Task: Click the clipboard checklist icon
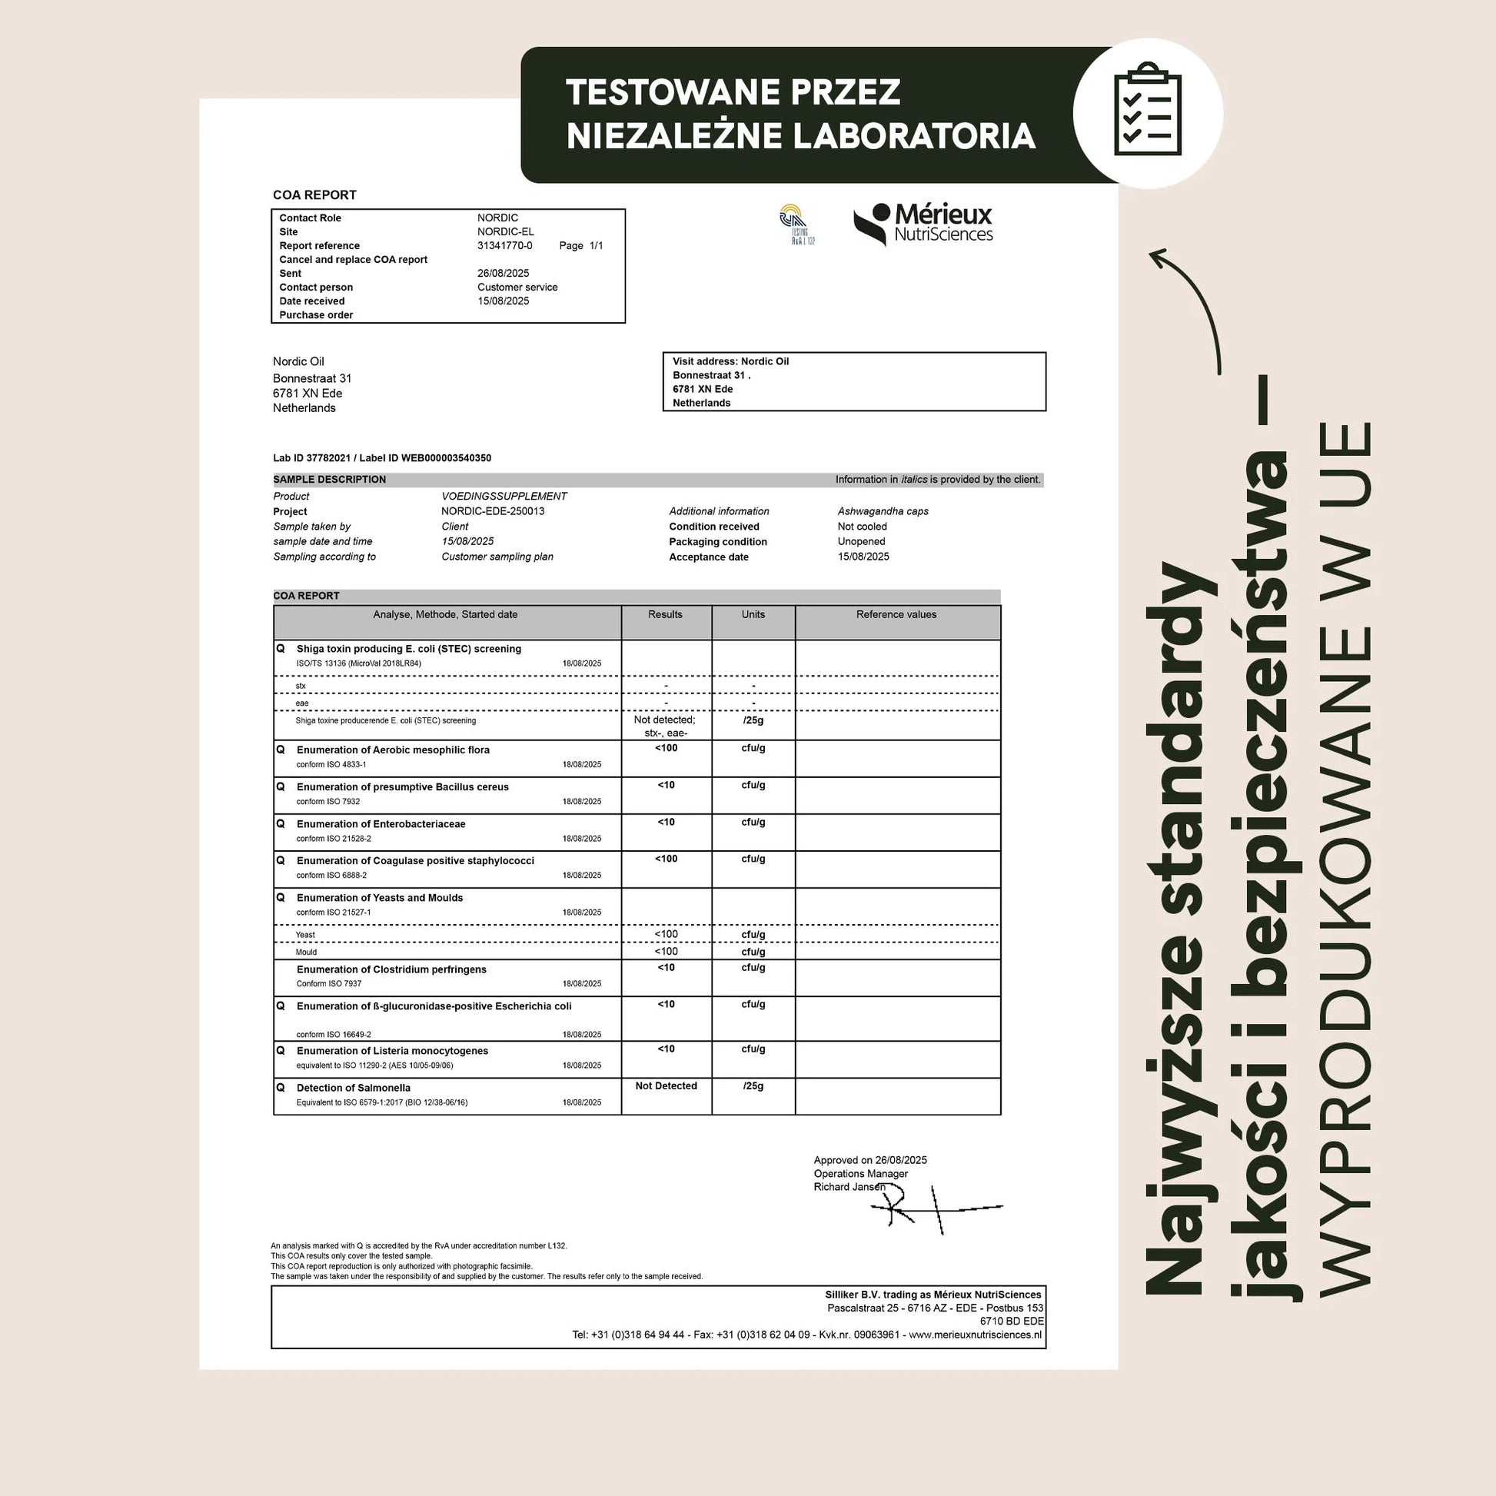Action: click(x=1148, y=113)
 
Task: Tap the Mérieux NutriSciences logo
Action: click(x=923, y=224)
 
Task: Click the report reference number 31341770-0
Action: click(x=505, y=245)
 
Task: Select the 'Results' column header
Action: click(x=665, y=615)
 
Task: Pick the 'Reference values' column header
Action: click(x=896, y=615)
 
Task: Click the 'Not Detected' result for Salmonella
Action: click(x=666, y=1085)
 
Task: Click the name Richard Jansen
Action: click(x=849, y=1187)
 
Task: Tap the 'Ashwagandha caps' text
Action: click(x=883, y=511)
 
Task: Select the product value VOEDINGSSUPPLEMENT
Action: click(x=504, y=497)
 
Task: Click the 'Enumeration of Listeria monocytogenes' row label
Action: click(x=392, y=1051)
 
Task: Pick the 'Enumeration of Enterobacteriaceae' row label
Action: click(x=381, y=824)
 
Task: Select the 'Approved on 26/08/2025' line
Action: click(x=869, y=1160)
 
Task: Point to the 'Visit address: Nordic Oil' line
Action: click(x=730, y=361)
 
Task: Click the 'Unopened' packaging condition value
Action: click(x=861, y=541)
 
